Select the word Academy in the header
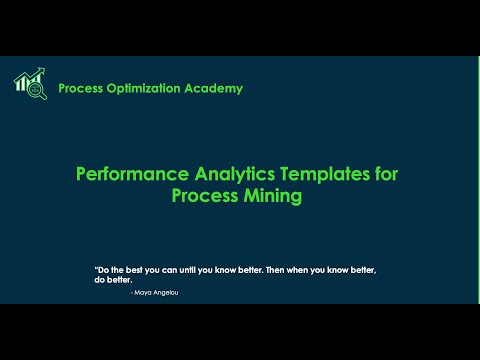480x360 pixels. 213,88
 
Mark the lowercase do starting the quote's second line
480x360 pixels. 99,281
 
